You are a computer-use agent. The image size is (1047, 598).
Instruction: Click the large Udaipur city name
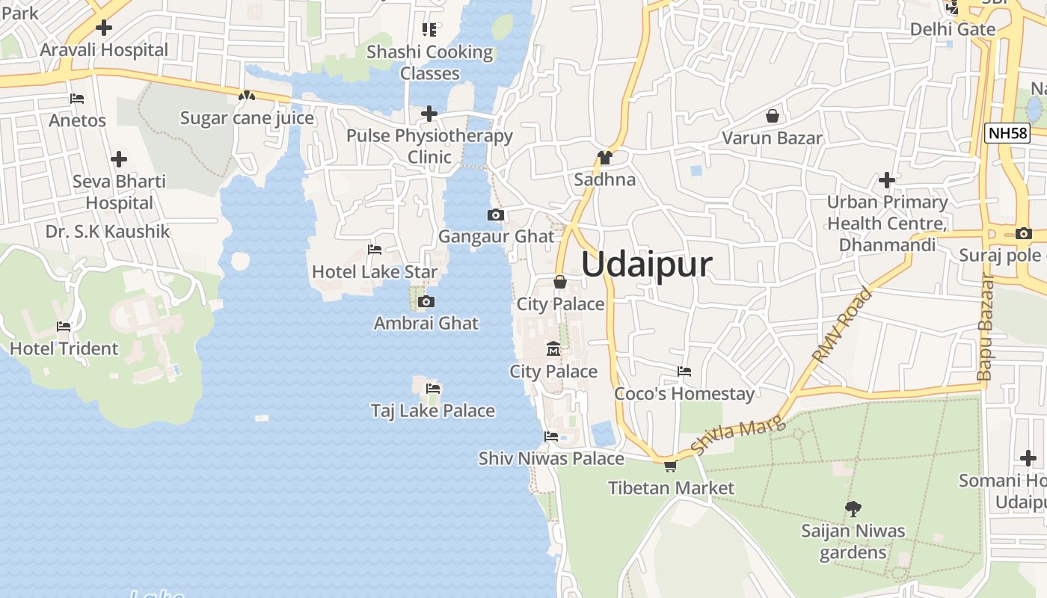647,265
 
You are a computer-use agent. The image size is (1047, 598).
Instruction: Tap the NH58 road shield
1007,134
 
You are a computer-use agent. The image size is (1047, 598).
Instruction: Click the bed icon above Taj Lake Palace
433,389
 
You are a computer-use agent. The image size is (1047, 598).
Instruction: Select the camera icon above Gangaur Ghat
495,215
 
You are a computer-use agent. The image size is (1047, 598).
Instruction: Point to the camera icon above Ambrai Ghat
426,302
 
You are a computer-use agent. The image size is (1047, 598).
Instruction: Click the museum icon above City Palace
553,349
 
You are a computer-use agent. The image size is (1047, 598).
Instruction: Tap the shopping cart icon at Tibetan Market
670,466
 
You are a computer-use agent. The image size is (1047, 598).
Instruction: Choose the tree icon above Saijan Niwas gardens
853,509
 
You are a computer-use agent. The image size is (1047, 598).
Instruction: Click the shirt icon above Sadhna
604,158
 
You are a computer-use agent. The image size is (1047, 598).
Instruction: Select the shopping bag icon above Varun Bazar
772,116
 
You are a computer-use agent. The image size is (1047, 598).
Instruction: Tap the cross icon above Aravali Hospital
104,28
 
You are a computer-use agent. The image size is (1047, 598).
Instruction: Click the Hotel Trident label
64,348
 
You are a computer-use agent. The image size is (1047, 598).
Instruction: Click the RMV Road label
843,325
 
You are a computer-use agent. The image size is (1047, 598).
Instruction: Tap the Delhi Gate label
953,29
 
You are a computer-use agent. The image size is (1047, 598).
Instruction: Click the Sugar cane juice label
247,118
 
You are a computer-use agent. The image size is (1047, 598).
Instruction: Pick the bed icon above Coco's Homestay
684,372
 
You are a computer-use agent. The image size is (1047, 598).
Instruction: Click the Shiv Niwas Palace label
551,458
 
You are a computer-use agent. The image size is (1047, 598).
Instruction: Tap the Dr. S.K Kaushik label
108,231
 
